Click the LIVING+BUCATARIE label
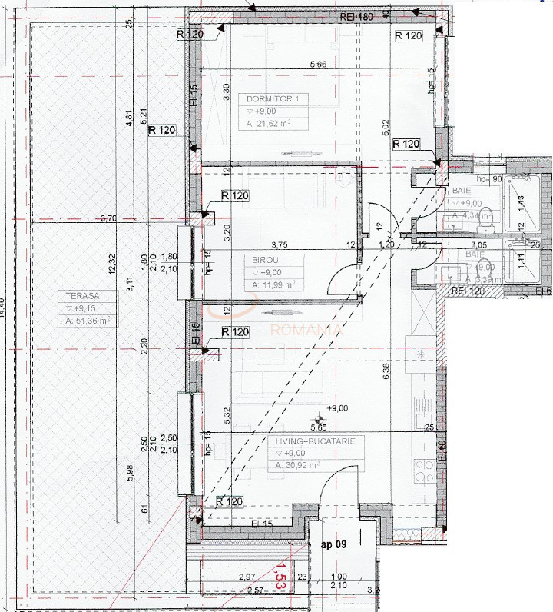click(x=314, y=442)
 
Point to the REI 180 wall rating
click(x=357, y=16)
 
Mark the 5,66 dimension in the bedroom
click(x=319, y=65)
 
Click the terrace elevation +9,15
click(x=80, y=308)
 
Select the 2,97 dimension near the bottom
click(x=247, y=577)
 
